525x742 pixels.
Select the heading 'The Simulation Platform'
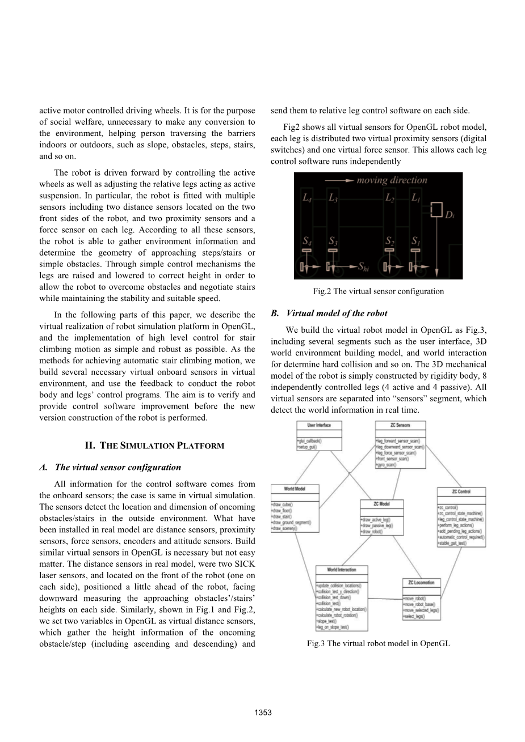154,446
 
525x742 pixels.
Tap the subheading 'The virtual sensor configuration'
118,468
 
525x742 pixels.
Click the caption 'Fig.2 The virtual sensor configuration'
378,291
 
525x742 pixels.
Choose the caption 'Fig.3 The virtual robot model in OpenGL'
378,643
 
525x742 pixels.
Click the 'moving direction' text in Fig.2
392,180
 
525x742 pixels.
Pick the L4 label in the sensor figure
306,198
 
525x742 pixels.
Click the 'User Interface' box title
319,425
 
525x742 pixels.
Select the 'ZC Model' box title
381,503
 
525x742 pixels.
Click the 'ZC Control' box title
460,491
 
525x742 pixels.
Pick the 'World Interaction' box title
342,569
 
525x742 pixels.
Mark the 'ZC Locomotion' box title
421,582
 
